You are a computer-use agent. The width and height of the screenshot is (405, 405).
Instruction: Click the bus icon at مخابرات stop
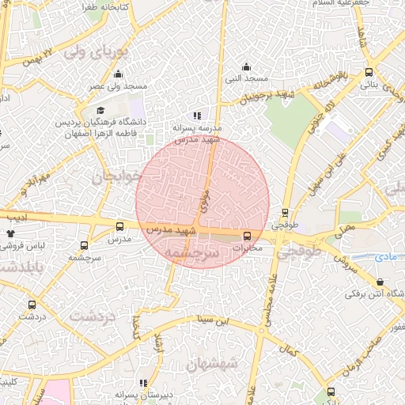point(248,235)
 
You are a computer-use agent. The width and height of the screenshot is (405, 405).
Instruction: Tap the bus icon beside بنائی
point(369,72)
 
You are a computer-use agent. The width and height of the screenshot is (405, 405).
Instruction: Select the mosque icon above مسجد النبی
point(247,66)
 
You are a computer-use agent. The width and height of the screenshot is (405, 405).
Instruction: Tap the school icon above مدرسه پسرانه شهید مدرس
point(197,115)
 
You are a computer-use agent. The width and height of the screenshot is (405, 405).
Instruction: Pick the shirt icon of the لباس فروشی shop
point(11,234)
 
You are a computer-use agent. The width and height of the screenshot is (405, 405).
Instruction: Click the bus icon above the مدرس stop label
point(119,226)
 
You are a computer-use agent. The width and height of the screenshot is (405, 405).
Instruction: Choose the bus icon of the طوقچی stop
point(286,212)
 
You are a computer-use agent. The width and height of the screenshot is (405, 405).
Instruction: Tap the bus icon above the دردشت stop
point(32,304)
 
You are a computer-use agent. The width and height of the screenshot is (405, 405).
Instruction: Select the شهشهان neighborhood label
point(212,365)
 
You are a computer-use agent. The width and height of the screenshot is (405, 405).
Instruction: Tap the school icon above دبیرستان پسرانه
point(143,382)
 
